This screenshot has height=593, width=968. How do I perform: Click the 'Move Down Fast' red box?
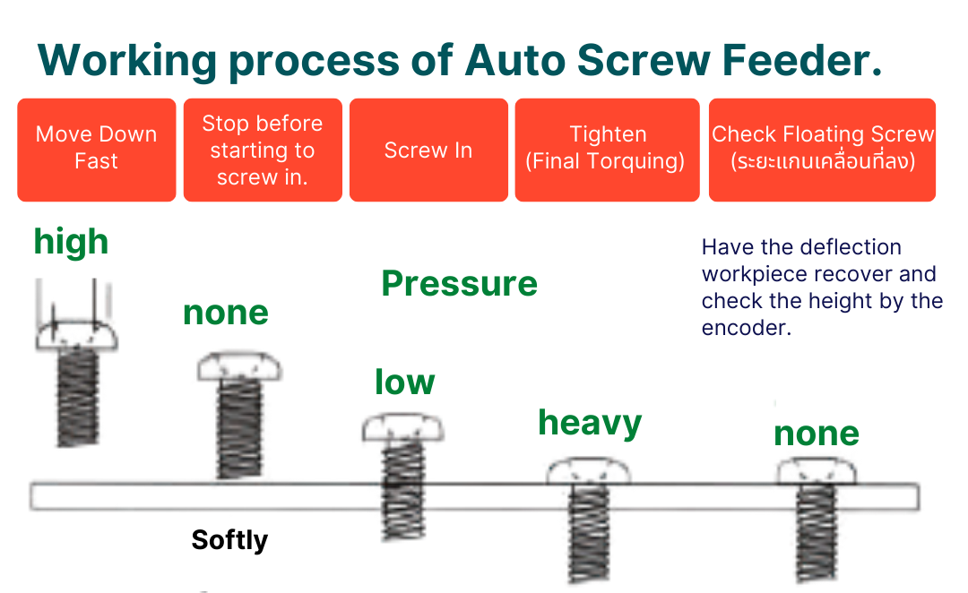[x=96, y=149]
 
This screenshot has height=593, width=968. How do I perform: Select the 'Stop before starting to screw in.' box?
[x=262, y=150]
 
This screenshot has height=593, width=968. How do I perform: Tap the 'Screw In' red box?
[x=428, y=150]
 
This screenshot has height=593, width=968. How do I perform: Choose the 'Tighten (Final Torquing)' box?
[x=607, y=149]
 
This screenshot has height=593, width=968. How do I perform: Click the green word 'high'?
[x=71, y=242]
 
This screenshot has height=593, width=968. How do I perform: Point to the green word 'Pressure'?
[x=459, y=284]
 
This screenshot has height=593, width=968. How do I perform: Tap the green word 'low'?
[x=404, y=382]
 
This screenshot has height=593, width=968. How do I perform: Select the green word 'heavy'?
[x=590, y=423]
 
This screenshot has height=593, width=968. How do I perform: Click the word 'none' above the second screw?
[x=226, y=313]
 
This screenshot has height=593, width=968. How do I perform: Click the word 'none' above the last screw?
[x=817, y=434]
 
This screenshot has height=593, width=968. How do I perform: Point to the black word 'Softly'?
[x=229, y=540]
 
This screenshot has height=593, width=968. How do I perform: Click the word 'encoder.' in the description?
[x=746, y=328]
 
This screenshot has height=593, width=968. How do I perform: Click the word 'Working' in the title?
[x=126, y=61]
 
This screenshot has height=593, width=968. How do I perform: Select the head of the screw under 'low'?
[x=402, y=428]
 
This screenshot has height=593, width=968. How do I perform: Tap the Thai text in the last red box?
[x=822, y=162]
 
